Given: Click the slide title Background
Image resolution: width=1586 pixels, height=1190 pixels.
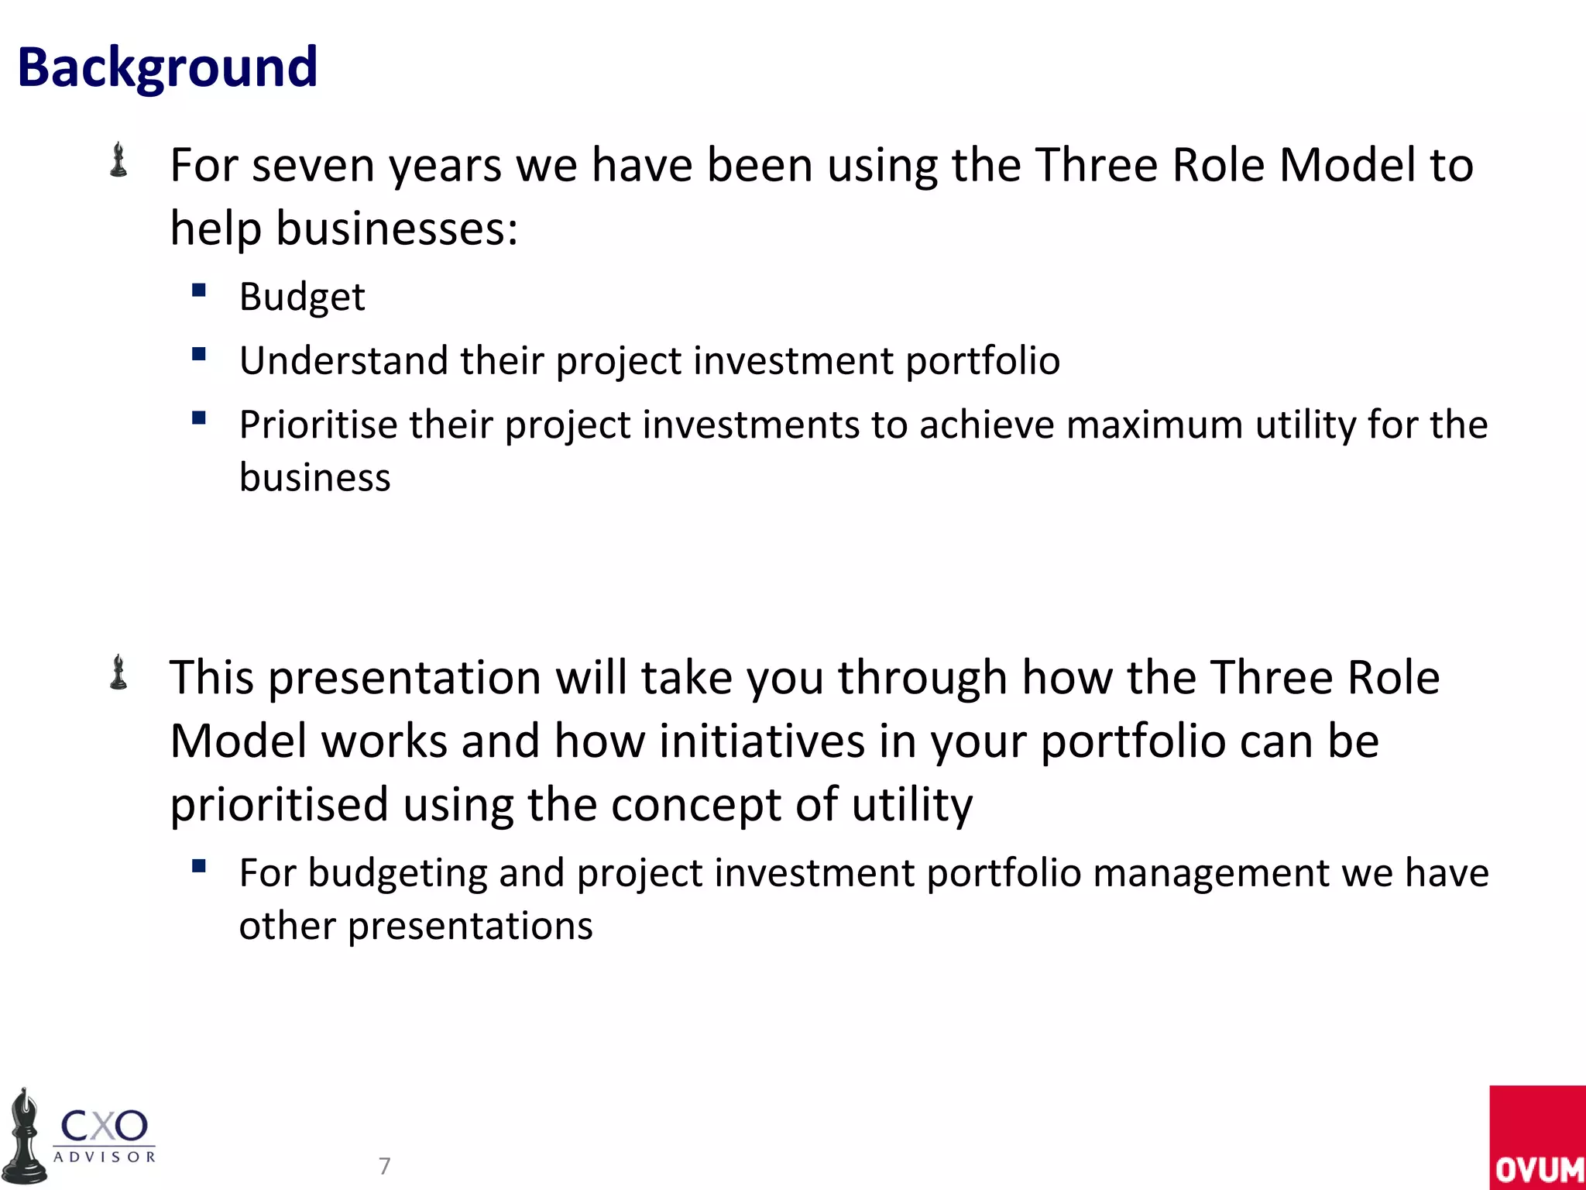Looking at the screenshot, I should pyautogui.click(x=167, y=68).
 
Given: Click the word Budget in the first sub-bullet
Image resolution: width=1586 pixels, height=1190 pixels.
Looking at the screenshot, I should pyautogui.click(x=302, y=297).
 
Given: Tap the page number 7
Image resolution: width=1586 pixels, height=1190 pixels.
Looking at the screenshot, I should pyautogui.click(x=384, y=1165).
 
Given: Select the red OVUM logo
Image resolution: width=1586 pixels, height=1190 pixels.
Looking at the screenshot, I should pyautogui.click(x=1536, y=1137).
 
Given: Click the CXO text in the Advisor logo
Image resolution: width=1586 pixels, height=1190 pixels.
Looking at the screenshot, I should pyautogui.click(x=104, y=1126).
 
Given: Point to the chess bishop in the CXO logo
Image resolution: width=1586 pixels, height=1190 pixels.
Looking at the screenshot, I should pyautogui.click(x=25, y=1137).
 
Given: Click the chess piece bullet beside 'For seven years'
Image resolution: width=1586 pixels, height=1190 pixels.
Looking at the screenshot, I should pyautogui.click(x=118, y=160).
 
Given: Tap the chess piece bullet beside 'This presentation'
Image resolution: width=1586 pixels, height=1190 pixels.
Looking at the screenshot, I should pyautogui.click(x=118, y=672).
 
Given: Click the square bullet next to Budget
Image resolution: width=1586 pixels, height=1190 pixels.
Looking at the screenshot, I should pyautogui.click(x=199, y=291).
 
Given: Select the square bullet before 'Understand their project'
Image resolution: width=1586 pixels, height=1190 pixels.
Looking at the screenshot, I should pyautogui.click(x=199, y=355).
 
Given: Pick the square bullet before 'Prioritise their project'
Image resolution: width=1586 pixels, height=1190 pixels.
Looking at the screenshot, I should pyautogui.click(x=199, y=418).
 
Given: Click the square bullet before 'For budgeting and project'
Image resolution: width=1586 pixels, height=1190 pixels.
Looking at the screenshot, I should pyautogui.click(x=199, y=866).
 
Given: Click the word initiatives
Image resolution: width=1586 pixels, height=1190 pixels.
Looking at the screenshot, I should pyautogui.click(x=762, y=741).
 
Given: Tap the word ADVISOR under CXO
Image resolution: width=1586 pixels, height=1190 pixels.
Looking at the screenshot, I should pyautogui.click(x=105, y=1157).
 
